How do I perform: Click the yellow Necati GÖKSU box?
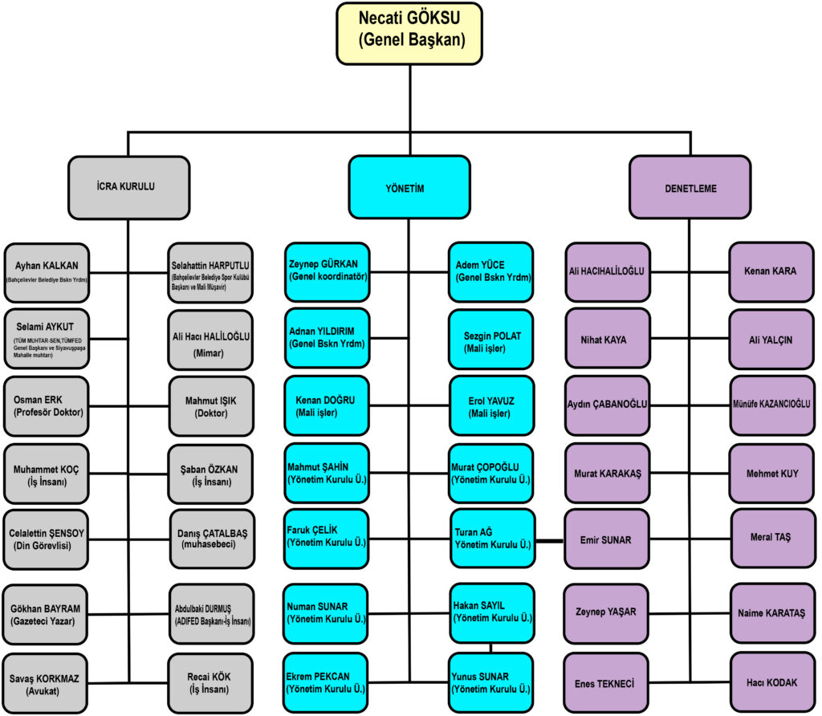(409, 34)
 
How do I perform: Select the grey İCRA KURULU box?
(128, 188)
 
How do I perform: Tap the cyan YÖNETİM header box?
(409, 187)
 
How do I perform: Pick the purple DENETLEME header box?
(690, 187)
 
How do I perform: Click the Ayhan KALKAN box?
(47, 273)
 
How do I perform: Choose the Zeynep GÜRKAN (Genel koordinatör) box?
(328, 272)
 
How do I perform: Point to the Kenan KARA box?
(771, 272)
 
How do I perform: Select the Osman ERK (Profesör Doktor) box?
(46, 406)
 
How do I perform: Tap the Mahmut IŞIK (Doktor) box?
(211, 406)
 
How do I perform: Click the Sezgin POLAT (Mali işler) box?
(491, 339)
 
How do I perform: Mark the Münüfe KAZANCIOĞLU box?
(772, 405)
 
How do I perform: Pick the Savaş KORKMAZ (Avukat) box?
(45, 684)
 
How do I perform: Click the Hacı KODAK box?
(772, 682)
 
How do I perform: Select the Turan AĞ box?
(493, 539)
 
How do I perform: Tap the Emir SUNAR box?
(607, 539)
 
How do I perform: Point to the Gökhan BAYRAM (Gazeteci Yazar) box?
(45, 615)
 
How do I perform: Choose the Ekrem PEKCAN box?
(326, 683)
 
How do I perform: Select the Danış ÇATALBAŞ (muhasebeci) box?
(212, 539)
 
